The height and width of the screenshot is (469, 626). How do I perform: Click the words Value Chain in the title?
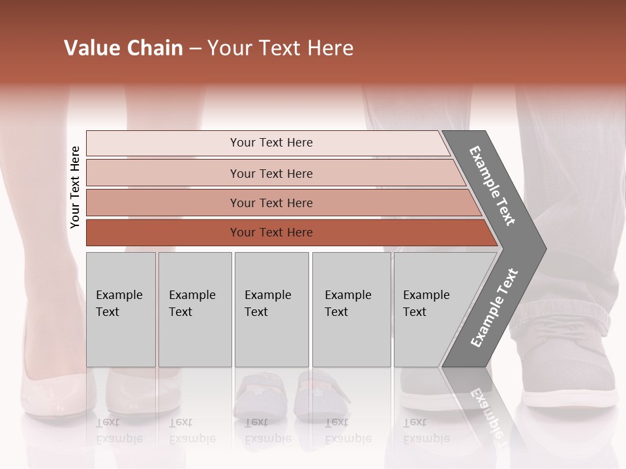coord(123,48)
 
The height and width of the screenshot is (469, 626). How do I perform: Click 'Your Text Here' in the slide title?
coord(280,48)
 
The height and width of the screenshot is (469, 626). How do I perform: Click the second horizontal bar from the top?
coord(271,173)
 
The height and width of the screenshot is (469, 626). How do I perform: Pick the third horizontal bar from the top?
coord(271,203)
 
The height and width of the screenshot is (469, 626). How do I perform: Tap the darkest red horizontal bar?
coord(271,233)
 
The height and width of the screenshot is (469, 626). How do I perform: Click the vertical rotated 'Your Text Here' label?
coord(75,187)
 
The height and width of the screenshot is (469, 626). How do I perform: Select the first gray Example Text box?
coord(121,309)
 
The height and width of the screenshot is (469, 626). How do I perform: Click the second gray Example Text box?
coord(194,309)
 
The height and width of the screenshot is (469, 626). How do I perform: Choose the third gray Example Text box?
coord(271,309)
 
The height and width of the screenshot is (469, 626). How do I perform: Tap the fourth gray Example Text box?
coord(351,309)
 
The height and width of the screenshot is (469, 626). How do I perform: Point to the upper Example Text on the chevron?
coord(493,185)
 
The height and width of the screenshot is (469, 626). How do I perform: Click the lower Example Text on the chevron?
coord(494,308)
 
